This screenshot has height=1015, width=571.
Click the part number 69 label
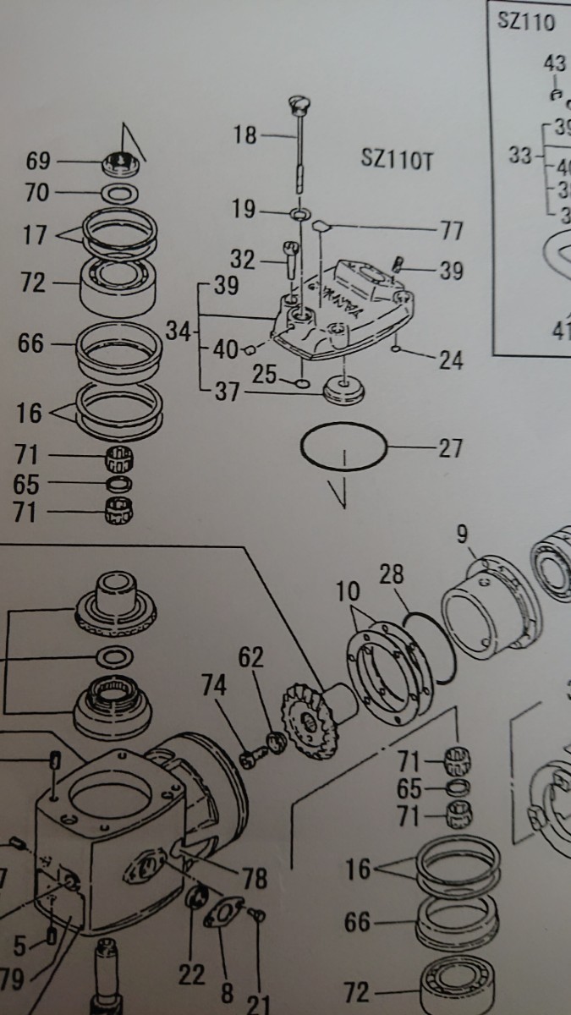39,161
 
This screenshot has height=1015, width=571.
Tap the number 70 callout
37,194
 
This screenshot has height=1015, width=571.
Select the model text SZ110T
397,161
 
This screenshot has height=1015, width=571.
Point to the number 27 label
450,447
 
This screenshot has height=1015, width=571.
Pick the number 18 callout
245,134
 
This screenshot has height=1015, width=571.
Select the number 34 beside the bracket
177,331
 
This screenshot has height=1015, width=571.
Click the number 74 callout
215,686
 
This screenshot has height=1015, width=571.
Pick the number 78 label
254,877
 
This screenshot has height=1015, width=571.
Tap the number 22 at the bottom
192,974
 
